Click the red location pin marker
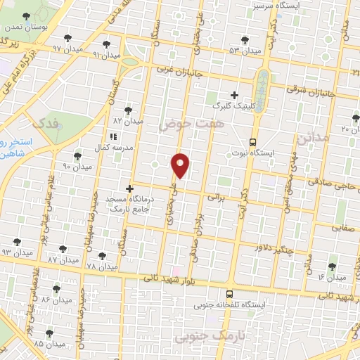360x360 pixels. pyautogui.click(x=181, y=165)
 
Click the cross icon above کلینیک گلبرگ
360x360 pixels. pyautogui.click(x=235, y=95)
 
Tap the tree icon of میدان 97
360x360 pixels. pyautogui.click(x=67, y=39)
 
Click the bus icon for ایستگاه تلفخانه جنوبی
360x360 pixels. pyautogui.click(x=229, y=294)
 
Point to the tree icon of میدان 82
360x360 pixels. pyautogui.click(x=128, y=110)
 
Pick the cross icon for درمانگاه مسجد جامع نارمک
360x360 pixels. pyautogui.click(x=129, y=188)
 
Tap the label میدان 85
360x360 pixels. pyautogui.click(x=49, y=345)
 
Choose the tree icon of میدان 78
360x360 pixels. pyautogui.click(x=102, y=256)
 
